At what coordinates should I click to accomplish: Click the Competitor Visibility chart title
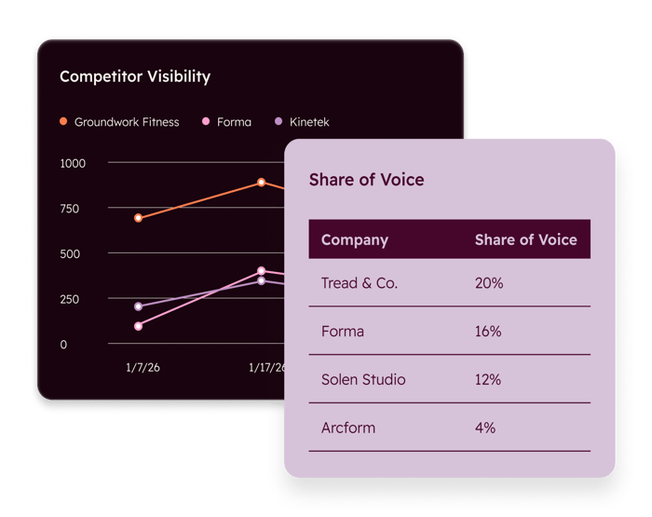coord(135,76)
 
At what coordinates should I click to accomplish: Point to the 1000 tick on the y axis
coord(73,163)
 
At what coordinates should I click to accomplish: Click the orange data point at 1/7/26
coord(139,218)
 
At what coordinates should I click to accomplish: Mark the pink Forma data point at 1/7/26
coord(139,326)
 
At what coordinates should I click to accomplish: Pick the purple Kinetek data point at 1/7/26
coord(139,306)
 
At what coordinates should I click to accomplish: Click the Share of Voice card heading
coord(366,180)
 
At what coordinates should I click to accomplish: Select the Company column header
coord(355,239)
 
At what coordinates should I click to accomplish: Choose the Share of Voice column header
coord(525,239)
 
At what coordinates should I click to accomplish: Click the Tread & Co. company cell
coord(360,283)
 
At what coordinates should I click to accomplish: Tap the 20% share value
coord(489,283)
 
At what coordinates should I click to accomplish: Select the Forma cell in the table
coord(343,332)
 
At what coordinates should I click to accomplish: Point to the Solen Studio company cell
coord(363,380)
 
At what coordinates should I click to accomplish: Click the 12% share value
coord(488,380)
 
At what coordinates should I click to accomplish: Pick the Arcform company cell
coord(348,429)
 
